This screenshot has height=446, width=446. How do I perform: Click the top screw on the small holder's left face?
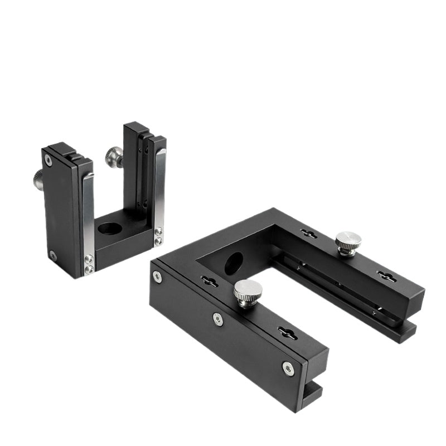49,161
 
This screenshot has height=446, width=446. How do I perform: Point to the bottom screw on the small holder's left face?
52,255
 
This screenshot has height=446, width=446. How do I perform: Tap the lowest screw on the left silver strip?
89,270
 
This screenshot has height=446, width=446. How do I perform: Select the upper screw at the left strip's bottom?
89,260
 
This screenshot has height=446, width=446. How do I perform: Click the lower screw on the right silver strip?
158,241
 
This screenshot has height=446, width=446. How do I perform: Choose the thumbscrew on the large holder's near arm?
248,290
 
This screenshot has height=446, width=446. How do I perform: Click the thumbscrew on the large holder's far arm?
348,243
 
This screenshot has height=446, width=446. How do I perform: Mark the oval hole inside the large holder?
234,263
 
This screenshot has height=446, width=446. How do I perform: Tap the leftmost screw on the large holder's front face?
158,277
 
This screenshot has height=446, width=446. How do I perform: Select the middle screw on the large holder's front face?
218,318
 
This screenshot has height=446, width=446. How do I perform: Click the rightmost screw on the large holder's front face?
288,367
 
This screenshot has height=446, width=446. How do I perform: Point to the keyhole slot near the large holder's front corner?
209,282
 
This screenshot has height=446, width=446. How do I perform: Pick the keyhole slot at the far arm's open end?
386,275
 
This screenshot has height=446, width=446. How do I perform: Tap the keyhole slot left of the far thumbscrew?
308,234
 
